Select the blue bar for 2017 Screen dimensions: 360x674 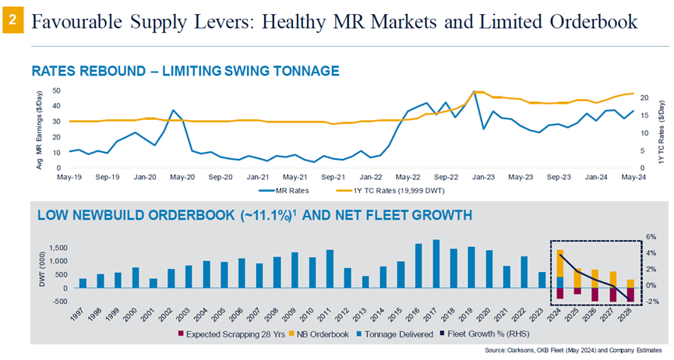point(436,263)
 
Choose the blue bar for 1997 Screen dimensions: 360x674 point(83,283)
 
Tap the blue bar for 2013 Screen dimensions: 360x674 point(365,281)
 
